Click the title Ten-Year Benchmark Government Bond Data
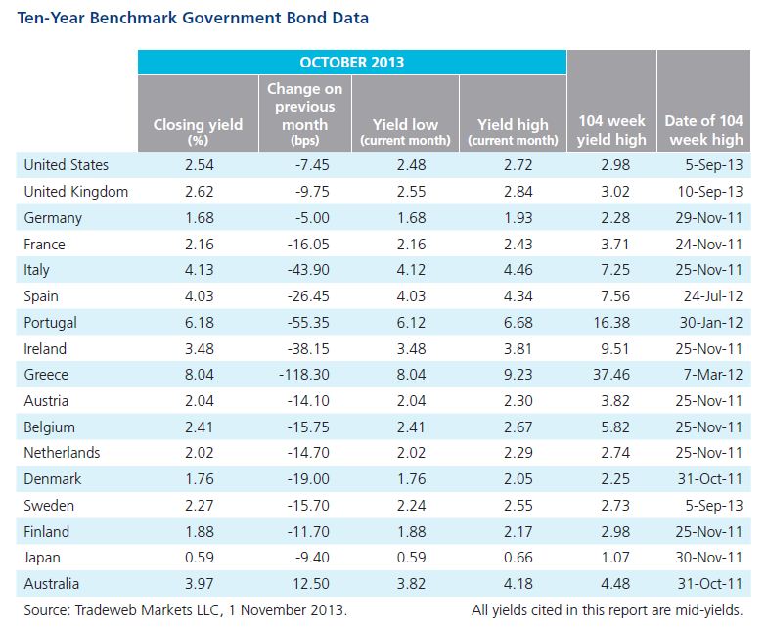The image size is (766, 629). [x=193, y=18]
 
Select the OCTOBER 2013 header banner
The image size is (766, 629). [x=352, y=62]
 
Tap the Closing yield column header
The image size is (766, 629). [x=198, y=131]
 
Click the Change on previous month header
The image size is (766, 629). [x=305, y=114]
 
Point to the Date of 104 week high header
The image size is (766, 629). [x=704, y=130]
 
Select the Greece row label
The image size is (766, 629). [x=46, y=375]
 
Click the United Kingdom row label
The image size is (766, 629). [x=75, y=192]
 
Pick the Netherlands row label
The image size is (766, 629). [x=62, y=453]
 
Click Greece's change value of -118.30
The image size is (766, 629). [x=304, y=375]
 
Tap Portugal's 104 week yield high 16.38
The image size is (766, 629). [x=611, y=322]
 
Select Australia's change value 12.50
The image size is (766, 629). [x=311, y=584]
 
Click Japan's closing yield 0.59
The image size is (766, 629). [x=200, y=558]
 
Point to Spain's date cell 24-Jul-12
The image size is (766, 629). [x=713, y=296]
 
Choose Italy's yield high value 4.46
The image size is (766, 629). [x=518, y=270]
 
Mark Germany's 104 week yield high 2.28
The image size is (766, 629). [x=615, y=218]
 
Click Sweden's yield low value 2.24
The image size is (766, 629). [x=411, y=505]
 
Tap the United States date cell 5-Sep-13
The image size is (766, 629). [x=714, y=165]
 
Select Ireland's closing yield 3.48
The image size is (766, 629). [x=200, y=348]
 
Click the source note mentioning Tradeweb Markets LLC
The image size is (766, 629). [x=186, y=610]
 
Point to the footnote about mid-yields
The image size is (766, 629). [x=607, y=610]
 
